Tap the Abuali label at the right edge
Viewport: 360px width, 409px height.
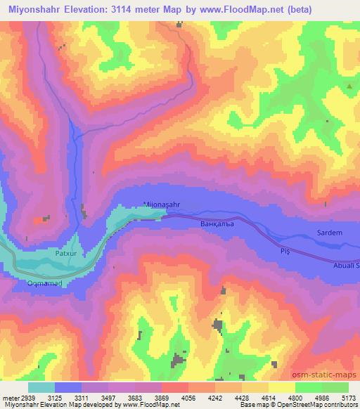tap(346, 266)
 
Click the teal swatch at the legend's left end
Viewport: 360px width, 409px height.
tap(41, 387)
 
